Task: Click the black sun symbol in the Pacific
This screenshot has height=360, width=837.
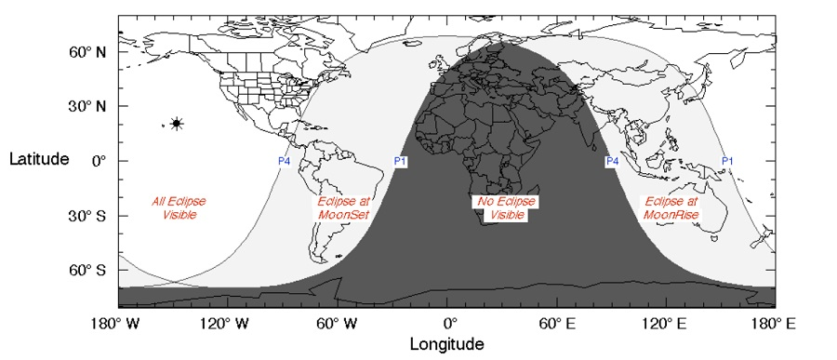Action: [177, 124]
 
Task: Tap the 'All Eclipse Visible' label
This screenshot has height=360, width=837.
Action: [179, 208]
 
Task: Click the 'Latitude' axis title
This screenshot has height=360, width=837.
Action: [39, 159]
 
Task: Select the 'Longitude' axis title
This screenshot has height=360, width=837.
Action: [447, 344]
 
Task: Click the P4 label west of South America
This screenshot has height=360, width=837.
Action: [285, 161]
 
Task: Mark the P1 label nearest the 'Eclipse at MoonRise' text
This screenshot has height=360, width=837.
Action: [728, 161]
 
